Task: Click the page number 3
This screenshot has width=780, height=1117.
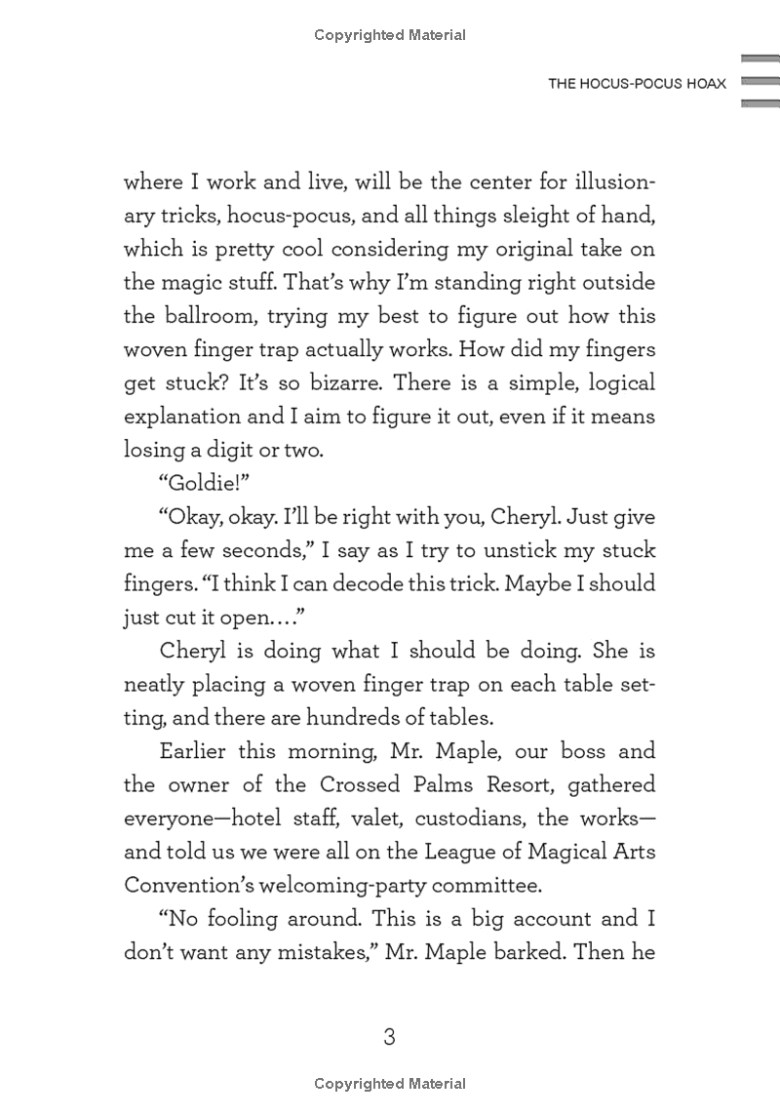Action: click(389, 1036)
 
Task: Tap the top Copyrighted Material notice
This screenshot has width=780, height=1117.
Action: click(390, 35)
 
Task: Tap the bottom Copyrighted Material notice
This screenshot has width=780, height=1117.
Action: click(390, 1084)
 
